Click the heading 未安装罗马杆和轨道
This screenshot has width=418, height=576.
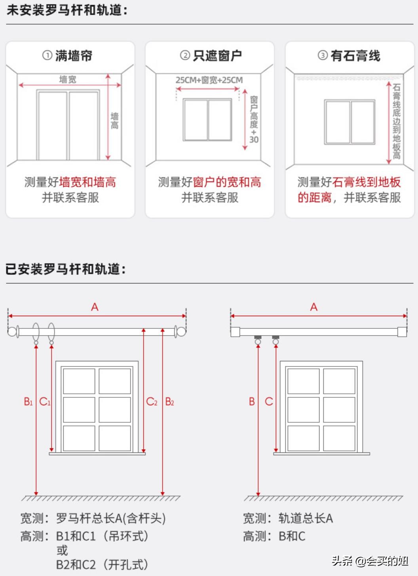67,11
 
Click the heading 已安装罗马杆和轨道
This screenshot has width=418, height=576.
66,269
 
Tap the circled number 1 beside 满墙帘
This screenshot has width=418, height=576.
47,55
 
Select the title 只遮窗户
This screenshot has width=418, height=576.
217,56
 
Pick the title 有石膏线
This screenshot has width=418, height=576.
355,56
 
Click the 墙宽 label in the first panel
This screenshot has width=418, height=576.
68,79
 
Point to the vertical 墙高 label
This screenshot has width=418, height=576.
114,121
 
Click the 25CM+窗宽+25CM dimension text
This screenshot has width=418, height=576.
209,80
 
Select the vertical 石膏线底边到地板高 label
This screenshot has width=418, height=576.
396,121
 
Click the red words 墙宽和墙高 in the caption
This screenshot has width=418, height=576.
87,182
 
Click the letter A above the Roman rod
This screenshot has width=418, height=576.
95,307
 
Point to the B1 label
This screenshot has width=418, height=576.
28,402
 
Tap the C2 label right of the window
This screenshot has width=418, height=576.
152,402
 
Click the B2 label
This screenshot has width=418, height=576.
169,402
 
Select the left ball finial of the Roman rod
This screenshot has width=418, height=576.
13,331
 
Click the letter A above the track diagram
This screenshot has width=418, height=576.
314,307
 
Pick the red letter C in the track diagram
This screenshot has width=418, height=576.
269,402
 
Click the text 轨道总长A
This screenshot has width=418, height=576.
306,518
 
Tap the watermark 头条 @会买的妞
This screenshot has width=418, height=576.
370,561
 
